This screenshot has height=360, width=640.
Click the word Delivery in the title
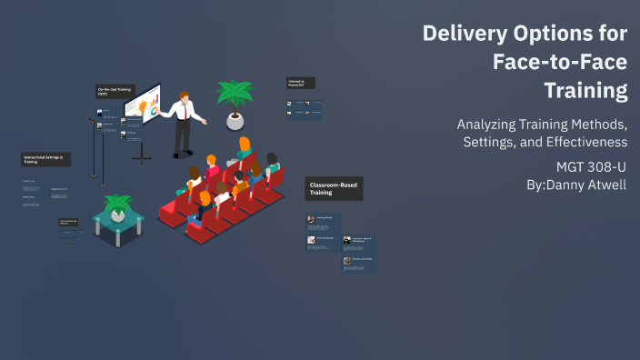point(461,35)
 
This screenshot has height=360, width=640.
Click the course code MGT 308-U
point(592,167)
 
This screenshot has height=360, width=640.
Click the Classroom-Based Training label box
point(334,188)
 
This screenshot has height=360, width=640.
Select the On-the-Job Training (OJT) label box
point(115,91)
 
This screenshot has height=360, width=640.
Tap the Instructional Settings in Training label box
point(45,159)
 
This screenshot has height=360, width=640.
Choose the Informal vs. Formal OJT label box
point(300,83)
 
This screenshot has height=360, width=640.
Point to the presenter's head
point(185,95)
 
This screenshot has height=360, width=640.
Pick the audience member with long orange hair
point(245,147)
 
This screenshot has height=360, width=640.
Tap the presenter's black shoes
point(183,155)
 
